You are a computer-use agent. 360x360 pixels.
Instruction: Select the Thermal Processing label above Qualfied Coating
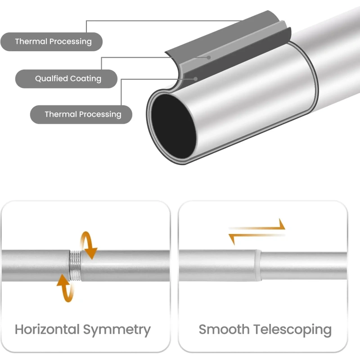[53, 42]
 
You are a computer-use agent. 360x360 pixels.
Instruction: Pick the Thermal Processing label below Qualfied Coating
[82, 114]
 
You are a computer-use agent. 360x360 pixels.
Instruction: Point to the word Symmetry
[116, 329]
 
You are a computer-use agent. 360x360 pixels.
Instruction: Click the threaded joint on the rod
[75, 265]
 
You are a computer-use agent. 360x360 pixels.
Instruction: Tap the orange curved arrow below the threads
[64, 288]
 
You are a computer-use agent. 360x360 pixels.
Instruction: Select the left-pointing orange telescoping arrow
[245, 237]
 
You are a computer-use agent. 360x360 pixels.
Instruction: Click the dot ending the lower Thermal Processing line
[196, 78]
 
